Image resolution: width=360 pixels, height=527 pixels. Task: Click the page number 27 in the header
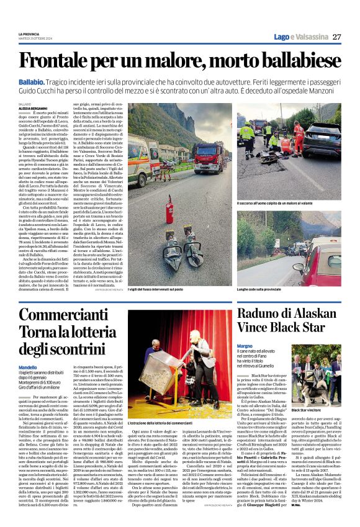[x=336, y=37]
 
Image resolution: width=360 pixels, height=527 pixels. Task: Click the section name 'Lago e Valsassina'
[x=302, y=37]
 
